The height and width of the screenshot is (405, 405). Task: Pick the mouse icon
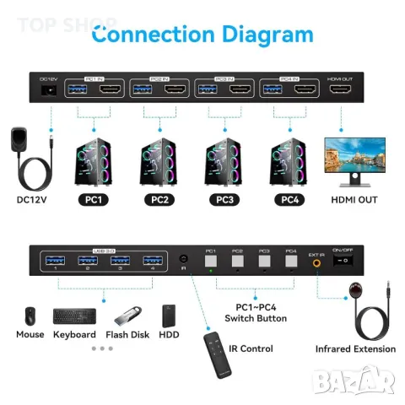[x=30, y=316]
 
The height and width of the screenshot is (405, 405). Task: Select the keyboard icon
[x=74, y=316]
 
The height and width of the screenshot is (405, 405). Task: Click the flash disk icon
[x=127, y=316]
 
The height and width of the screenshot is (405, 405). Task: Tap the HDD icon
[x=171, y=316]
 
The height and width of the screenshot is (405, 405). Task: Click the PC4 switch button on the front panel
[x=291, y=261]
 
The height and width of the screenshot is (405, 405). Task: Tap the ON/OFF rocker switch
[x=343, y=262]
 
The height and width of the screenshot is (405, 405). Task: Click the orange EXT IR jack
[x=316, y=262]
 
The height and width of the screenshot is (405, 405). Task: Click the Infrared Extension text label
[x=355, y=348]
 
